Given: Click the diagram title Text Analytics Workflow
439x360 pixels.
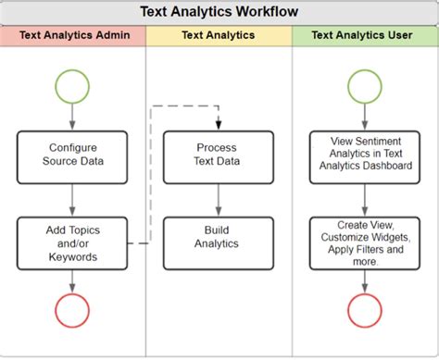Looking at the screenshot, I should pos(219,13).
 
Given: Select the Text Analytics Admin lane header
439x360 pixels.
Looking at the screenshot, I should pos(73,36).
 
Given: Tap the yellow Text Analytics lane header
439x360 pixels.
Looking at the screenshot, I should pos(219,36).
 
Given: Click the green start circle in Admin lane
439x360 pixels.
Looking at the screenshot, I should pos(72,87).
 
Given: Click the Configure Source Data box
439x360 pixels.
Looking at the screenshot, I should pos(73,155).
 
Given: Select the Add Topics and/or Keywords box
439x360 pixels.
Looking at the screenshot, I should pos(73,242).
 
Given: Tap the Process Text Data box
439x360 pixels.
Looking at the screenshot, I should pos(219,155).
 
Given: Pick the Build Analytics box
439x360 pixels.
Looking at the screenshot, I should pos(219,236).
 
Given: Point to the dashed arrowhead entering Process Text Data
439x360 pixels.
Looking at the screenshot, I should pos(219,126).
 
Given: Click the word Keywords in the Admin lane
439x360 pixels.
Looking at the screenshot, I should pos(73,256).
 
